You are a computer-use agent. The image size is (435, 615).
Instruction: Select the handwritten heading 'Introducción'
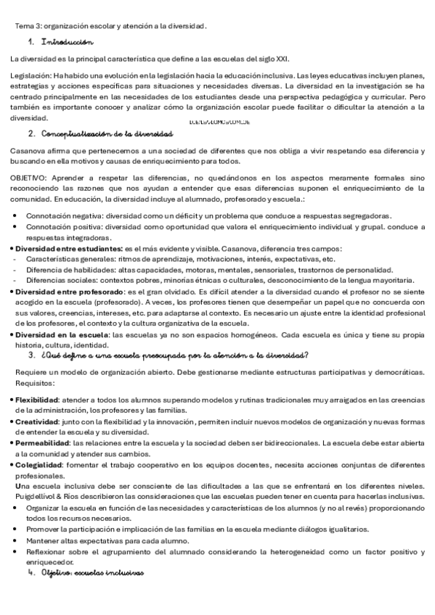point(68,43)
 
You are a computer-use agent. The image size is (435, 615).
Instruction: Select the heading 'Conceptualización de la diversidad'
point(107,134)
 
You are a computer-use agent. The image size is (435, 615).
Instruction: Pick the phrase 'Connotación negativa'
point(64,215)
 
